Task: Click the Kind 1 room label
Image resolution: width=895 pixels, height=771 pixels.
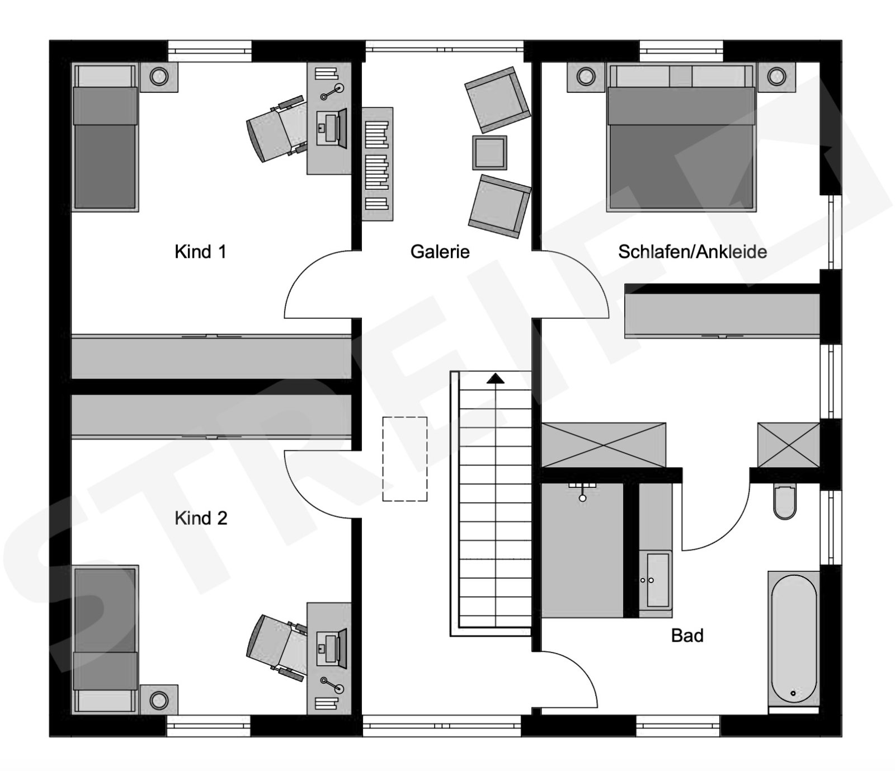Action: click(200, 252)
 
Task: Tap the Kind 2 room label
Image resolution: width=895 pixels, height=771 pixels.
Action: click(201, 518)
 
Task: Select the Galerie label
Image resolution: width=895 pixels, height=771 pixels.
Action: click(440, 252)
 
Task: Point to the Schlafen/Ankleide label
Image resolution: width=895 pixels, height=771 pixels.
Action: click(692, 252)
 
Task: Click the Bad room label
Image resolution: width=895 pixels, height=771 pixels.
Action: click(687, 636)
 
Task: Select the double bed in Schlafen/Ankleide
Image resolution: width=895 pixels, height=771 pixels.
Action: click(681, 138)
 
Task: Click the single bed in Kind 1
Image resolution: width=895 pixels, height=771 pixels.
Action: click(105, 138)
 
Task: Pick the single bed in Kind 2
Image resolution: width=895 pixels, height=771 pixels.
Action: click(105, 639)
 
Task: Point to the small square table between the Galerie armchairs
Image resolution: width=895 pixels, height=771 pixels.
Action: click(489, 152)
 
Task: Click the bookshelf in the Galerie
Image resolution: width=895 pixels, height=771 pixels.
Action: click(377, 164)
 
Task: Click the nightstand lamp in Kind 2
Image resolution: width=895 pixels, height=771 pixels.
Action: click(159, 700)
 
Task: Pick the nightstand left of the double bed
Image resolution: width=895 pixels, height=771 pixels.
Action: click(586, 77)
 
